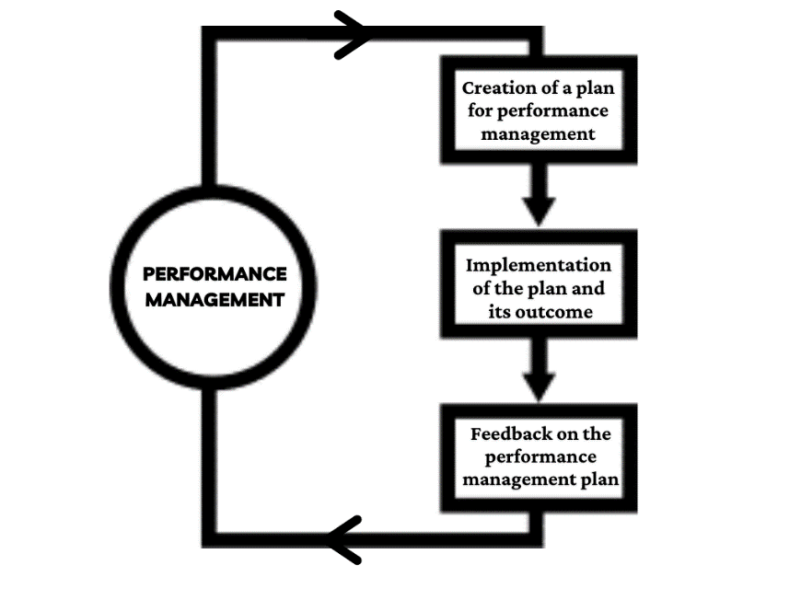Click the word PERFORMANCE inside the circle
(x=215, y=274)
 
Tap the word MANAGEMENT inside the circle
(x=215, y=299)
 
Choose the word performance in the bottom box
(x=540, y=456)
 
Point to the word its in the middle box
(x=500, y=312)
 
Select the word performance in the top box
(x=556, y=111)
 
